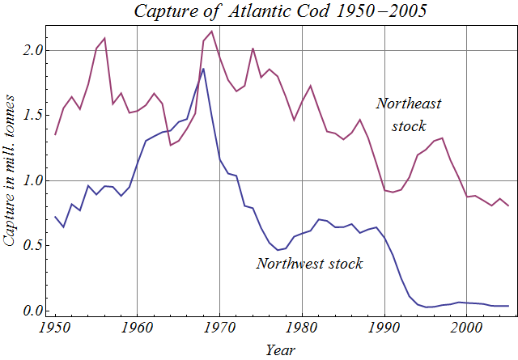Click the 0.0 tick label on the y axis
point(32,311)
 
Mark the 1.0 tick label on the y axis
point(32,181)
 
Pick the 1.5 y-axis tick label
point(32,116)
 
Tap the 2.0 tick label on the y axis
point(32,50)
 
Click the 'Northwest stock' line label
point(309,263)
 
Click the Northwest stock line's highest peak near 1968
point(203,69)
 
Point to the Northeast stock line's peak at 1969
point(211,32)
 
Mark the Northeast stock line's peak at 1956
point(104,38)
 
